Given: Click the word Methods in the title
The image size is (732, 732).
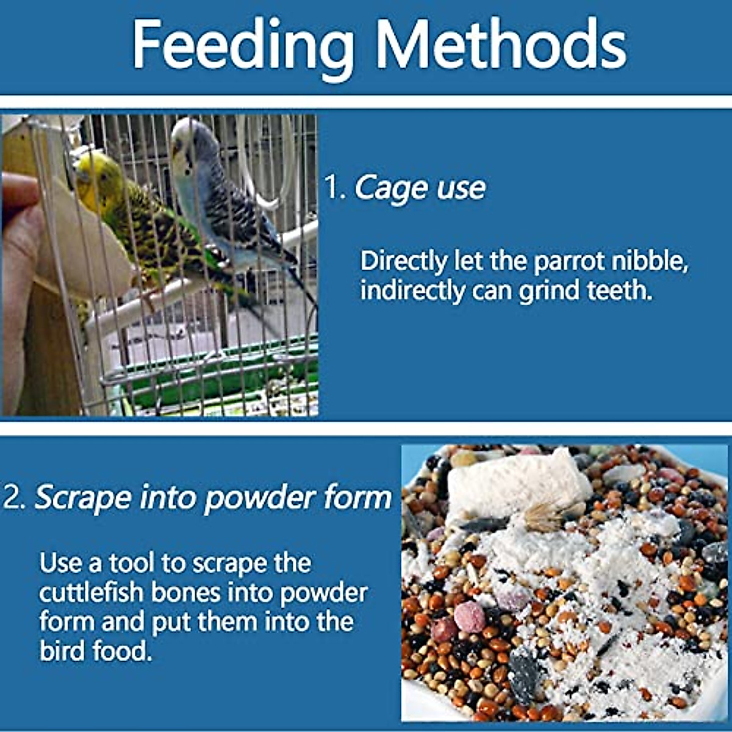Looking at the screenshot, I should coord(500,46).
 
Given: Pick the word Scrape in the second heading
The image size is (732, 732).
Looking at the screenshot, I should coord(82,498).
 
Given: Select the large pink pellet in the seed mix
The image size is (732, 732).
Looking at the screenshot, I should coord(469,617).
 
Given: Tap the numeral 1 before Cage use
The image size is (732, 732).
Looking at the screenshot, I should coord(332,188).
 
